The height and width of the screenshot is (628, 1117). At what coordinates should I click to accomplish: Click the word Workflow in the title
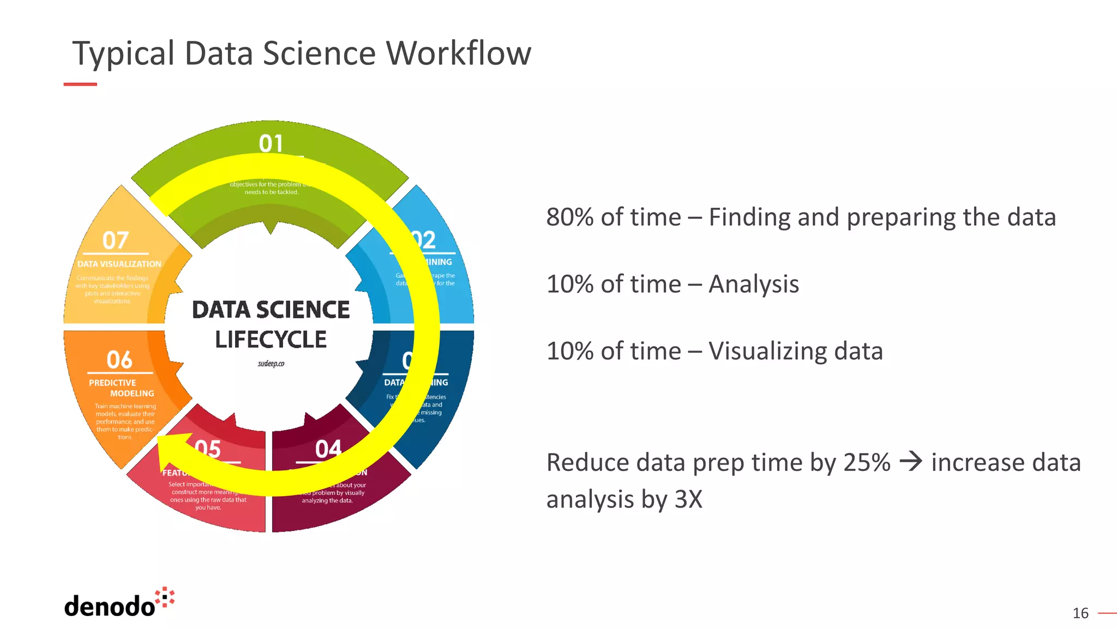(x=458, y=53)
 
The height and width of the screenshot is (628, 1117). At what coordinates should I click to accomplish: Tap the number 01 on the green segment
(x=271, y=144)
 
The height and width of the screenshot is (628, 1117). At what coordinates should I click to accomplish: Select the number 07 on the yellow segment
(x=116, y=240)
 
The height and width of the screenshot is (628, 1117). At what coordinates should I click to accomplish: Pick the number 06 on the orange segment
(x=119, y=360)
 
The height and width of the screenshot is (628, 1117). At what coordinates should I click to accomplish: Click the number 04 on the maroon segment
(x=328, y=449)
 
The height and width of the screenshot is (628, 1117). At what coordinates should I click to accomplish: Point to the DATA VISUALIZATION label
(x=119, y=264)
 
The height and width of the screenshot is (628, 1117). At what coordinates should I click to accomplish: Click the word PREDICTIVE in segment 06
(x=112, y=383)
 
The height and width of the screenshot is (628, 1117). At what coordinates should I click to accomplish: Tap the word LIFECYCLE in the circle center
(x=271, y=340)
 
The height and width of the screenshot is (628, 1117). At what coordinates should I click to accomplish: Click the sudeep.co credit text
(x=271, y=364)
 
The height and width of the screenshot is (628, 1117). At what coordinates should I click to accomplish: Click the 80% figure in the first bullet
(x=569, y=218)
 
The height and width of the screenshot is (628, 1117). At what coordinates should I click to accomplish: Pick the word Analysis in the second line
(x=753, y=285)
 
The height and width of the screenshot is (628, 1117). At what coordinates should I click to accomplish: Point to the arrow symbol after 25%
(x=910, y=462)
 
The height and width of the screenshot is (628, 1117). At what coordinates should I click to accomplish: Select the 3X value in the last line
(x=688, y=499)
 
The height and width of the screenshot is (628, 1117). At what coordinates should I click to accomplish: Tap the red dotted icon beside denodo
(x=165, y=597)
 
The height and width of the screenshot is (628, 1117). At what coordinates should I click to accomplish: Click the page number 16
(x=1080, y=613)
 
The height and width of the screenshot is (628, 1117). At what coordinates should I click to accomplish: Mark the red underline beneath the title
(x=80, y=84)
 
